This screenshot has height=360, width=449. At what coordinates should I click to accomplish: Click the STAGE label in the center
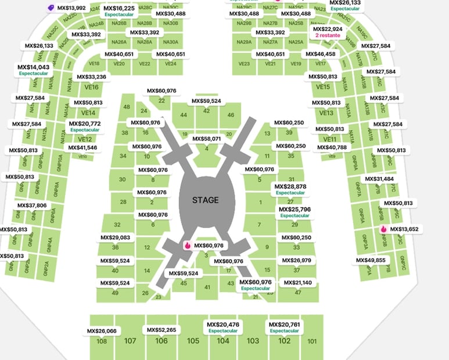pos(206,200)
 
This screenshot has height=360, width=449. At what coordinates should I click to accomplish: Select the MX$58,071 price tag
pos(206,139)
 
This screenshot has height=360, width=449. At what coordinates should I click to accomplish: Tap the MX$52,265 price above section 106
pos(161,330)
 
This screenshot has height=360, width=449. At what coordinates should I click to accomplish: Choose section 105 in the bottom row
pos(193,341)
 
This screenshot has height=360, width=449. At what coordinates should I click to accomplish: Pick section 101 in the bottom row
pos(312,341)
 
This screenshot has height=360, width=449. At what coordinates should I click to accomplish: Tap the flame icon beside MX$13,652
pos(383,229)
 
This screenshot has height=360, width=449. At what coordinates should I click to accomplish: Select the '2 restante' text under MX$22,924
pos(328,35)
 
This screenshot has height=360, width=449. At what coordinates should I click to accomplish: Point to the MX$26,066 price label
pos(102,331)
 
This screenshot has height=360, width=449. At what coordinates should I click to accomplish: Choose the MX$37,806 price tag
pos(32,206)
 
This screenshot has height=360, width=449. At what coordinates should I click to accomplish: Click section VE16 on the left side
pos(91,87)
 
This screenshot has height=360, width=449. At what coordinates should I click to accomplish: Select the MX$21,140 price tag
pos(297,283)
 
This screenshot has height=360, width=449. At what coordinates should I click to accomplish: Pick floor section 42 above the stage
pos(206,111)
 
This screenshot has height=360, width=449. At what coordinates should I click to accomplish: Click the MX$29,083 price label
pos(115,237)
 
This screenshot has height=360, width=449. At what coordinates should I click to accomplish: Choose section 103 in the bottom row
pos(253,341)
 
